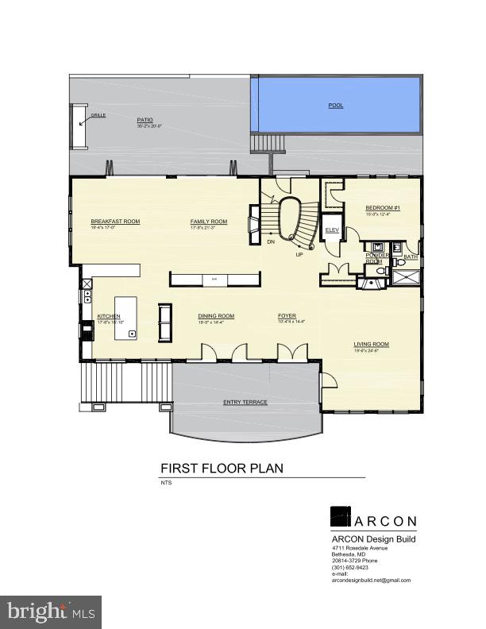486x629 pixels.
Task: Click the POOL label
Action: (x=336, y=105)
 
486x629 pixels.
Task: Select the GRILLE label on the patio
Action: (x=98, y=115)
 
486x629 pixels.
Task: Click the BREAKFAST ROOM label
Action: (x=115, y=221)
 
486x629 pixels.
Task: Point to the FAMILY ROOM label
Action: (x=208, y=221)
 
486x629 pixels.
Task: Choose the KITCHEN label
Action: (x=109, y=316)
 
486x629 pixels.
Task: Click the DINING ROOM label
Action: (x=216, y=316)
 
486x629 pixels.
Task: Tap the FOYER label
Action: (x=287, y=316)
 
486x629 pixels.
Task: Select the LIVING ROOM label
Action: (x=371, y=345)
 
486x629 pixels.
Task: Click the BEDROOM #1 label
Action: (x=382, y=207)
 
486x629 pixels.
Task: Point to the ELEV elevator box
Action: (x=333, y=230)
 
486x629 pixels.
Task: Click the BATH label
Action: (x=411, y=257)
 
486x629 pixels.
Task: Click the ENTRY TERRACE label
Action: (x=245, y=402)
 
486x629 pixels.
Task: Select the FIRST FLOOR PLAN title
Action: (x=222, y=469)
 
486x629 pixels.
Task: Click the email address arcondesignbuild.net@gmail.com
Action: (x=372, y=581)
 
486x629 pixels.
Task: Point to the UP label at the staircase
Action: (x=299, y=255)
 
